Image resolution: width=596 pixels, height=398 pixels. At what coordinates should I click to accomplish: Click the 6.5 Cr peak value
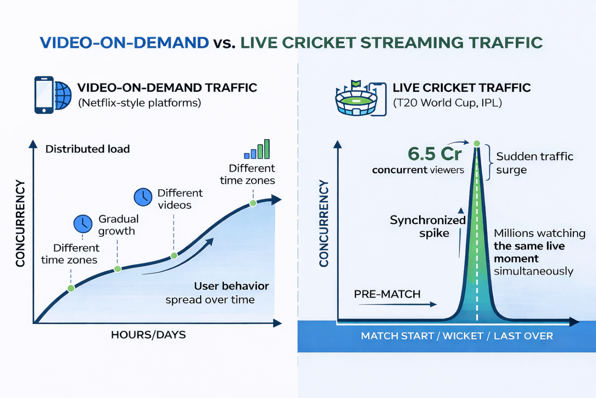435,154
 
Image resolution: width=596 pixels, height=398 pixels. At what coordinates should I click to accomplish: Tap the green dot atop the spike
477,144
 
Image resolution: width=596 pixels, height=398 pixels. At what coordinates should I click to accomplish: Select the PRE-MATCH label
387,294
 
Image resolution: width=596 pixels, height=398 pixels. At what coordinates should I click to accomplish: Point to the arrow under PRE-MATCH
398,304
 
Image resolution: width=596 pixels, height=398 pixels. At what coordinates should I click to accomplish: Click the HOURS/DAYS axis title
149,335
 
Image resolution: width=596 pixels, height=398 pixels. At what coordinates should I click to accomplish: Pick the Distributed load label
87,149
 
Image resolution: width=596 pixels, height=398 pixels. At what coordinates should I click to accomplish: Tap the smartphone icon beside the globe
44,95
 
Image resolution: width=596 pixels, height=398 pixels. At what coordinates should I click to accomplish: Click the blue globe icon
63,95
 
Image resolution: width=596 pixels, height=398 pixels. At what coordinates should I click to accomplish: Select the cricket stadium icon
356,99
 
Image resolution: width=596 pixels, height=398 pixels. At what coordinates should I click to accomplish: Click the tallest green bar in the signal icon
267,149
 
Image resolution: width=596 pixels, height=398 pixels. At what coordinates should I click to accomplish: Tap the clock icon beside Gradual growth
83,224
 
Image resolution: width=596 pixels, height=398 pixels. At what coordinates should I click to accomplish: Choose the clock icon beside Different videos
143,197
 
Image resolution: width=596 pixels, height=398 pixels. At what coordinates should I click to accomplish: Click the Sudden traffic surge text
534,163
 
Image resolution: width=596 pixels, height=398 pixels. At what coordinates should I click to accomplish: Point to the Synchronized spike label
428,226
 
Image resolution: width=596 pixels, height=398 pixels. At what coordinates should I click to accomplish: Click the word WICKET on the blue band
463,336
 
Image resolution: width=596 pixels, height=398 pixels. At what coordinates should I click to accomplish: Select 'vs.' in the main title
224,43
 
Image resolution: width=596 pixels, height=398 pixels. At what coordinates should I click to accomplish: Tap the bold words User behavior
231,286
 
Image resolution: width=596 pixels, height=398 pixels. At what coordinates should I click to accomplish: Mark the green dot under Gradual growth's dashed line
118,269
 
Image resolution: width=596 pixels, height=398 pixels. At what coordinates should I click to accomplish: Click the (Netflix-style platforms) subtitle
139,103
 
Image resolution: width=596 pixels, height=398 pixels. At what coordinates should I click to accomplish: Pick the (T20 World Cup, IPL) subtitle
447,103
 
